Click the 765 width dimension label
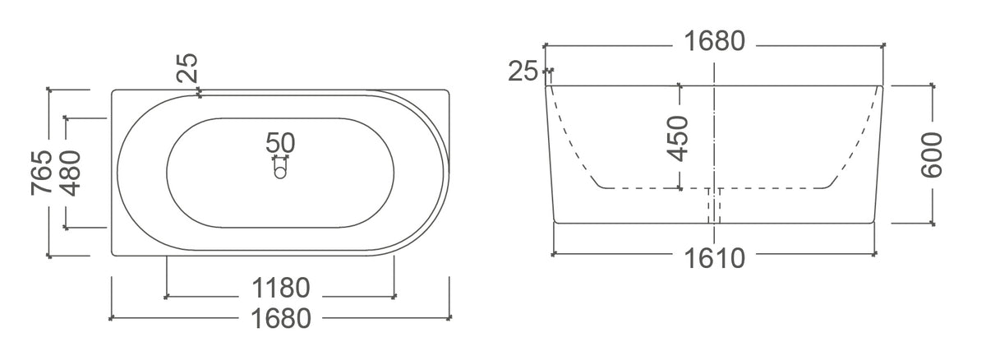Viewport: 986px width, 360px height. click(41, 173)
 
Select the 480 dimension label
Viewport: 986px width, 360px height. click(70, 173)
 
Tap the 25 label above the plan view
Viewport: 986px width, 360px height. click(187, 67)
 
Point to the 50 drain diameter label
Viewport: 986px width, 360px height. click(280, 142)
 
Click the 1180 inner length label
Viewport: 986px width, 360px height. click(281, 288)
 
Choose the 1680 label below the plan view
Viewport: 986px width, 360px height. click(281, 319)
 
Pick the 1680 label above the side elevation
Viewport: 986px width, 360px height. click(714, 41)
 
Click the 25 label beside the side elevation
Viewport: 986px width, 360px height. click(523, 71)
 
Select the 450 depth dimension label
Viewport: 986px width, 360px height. click(677, 138)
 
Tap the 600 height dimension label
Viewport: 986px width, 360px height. click(932, 155)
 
